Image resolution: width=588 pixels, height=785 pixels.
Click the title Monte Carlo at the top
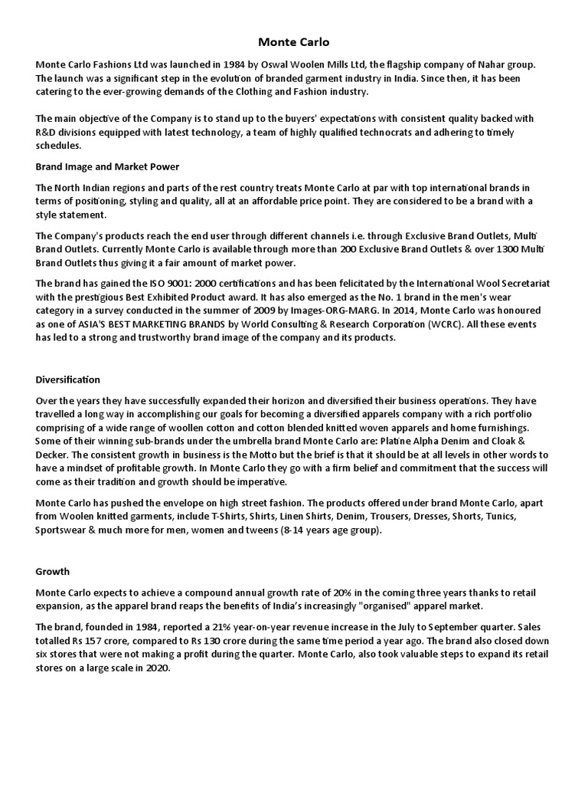(x=293, y=42)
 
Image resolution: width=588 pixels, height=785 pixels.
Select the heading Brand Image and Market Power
(x=107, y=166)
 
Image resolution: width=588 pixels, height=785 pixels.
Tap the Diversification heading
(x=68, y=379)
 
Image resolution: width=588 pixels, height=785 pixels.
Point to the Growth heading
(x=53, y=571)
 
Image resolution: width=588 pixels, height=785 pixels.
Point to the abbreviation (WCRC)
(x=455, y=324)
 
